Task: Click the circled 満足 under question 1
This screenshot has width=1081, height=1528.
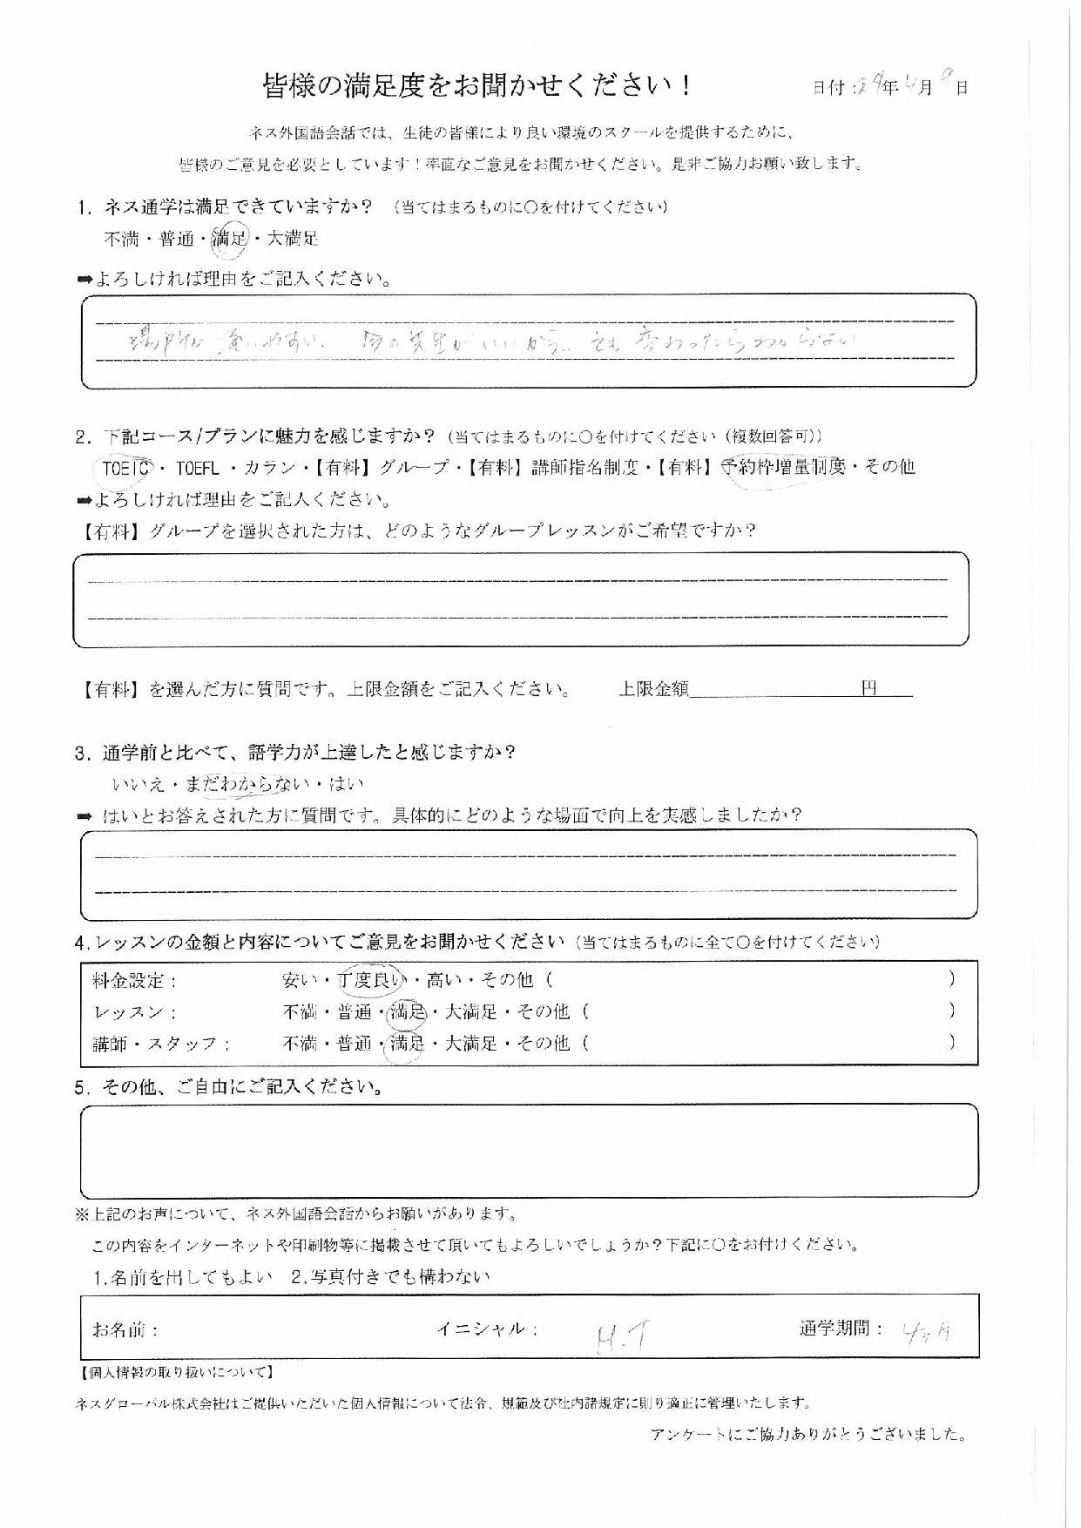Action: (x=230, y=239)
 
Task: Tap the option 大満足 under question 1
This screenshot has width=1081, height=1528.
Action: (x=293, y=239)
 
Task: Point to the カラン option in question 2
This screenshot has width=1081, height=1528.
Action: (x=270, y=468)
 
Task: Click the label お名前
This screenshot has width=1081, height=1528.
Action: (x=125, y=1330)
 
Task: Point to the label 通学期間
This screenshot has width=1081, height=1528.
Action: (x=841, y=1329)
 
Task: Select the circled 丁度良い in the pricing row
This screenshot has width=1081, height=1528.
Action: (x=372, y=980)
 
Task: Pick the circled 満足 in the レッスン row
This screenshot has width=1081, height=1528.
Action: (x=408, y=1012)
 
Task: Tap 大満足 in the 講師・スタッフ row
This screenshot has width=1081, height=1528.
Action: (x=470, y=1044)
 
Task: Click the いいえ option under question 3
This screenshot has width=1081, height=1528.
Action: (x=139, y=784)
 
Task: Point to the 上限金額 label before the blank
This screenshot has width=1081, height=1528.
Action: (x=653, y=689)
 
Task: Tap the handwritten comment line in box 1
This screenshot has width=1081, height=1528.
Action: (x=488, y=341)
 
